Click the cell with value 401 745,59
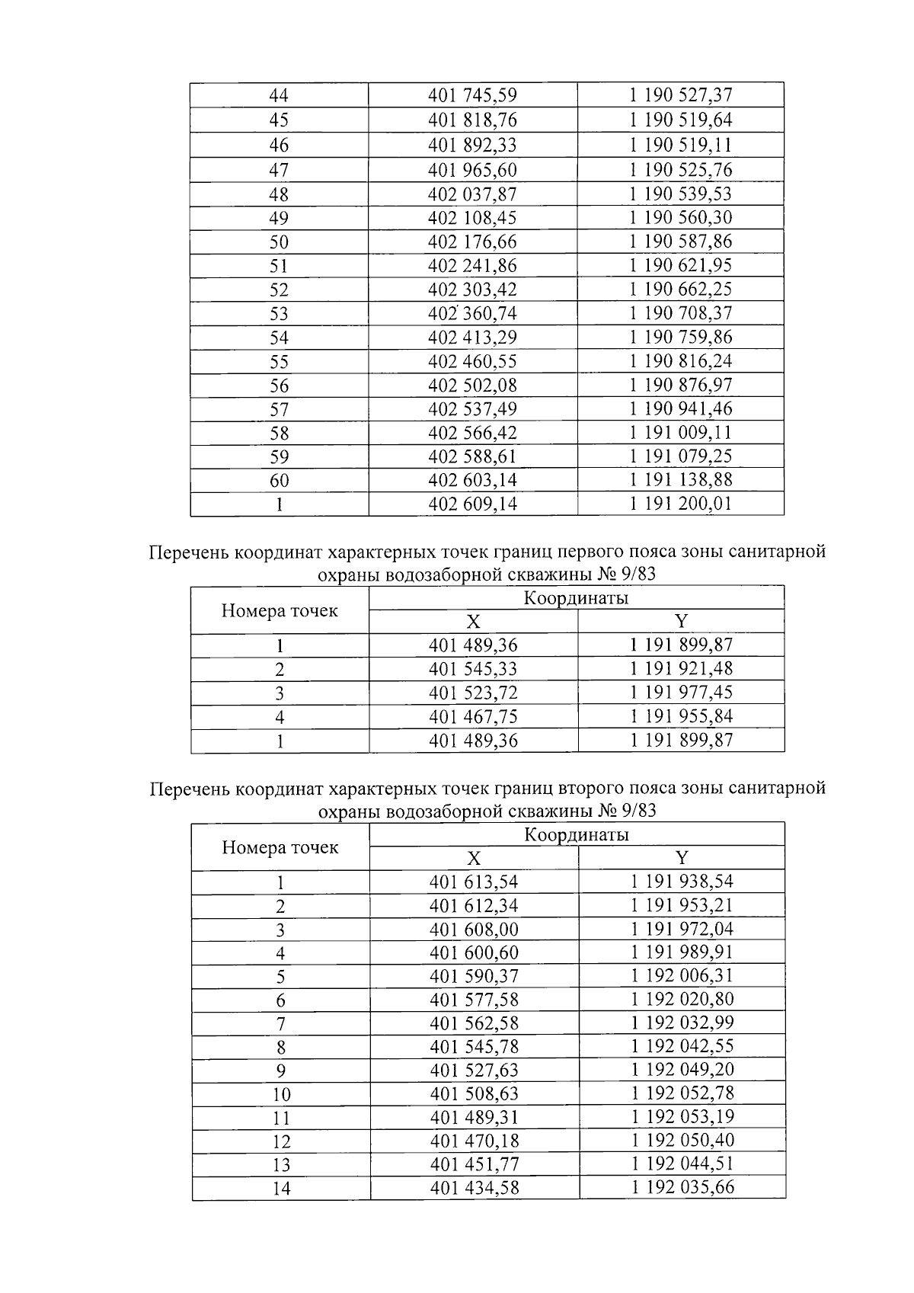(472, 95)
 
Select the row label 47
(279, 170)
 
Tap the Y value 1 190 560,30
(680, 218)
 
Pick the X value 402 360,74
(472, 313)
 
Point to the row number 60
(279, 481)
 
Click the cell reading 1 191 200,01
(680, 504)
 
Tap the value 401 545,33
(473, 669)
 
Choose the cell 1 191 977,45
(681, 693)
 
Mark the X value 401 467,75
(473, 716)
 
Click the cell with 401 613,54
(474, 882)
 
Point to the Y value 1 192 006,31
(682, 976)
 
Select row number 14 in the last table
(281, 1188)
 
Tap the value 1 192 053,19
(682, 1117)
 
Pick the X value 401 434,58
(474, 1188)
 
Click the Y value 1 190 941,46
(680, 409)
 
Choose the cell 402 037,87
(472, 194)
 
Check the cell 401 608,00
(474, 930)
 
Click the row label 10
(281, 1094)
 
